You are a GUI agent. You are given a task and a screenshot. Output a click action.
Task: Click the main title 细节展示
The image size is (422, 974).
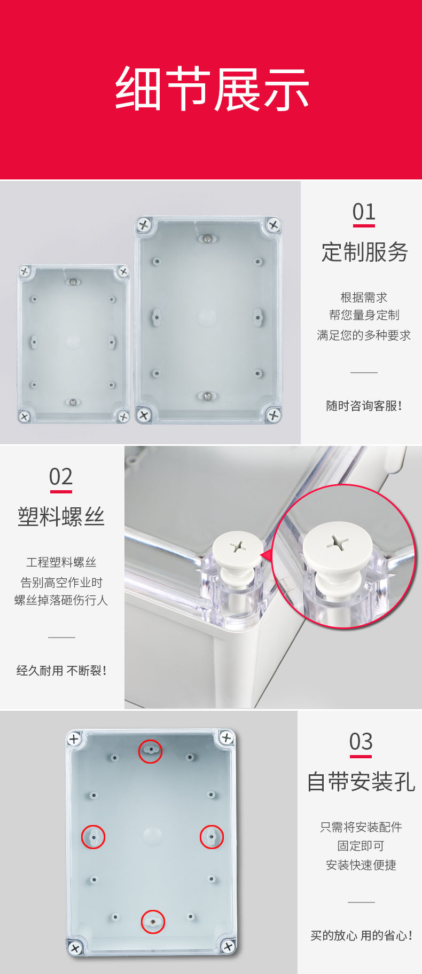212,89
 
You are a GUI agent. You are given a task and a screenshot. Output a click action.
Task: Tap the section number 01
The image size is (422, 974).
364,212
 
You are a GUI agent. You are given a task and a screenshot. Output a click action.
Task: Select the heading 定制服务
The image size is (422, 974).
364,252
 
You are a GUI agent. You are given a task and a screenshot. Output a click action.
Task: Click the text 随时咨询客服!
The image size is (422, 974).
364,406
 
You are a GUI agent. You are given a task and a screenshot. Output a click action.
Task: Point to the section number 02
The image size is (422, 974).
61,477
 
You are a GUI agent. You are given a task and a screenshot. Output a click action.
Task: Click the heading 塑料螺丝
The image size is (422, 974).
61,517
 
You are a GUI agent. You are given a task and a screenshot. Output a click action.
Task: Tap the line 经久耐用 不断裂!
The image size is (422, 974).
61,671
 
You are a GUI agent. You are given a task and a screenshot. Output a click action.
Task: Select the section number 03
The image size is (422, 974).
361,742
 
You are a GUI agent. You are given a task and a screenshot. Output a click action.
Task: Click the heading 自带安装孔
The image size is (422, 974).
361,782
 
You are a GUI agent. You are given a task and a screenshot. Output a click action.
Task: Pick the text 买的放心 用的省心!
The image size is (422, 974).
361,936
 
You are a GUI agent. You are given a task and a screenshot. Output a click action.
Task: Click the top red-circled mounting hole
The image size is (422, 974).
150,751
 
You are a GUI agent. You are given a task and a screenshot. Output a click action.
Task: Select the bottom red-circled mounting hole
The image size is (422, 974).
153,922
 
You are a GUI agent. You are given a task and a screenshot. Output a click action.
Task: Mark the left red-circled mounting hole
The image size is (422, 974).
93,837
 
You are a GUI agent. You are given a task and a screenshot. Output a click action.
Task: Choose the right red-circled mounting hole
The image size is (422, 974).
212,837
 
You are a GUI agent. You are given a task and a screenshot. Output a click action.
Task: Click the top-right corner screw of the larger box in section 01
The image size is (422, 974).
273,225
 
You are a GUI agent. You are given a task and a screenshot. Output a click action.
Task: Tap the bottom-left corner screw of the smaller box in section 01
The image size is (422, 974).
24,416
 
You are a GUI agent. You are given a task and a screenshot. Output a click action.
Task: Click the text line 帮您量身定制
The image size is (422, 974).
364,315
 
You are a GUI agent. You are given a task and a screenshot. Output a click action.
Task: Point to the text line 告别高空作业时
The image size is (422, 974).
61,582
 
